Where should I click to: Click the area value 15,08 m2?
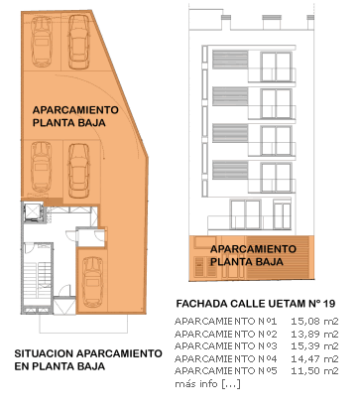(x=314, y=322)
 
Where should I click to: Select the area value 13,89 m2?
(x=314, y=334)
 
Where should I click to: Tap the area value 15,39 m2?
(x=314, y=346)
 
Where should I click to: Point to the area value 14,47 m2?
(x=314, y=358)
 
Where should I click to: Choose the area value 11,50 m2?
(x=314, y=371)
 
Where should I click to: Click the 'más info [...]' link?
(x=207, y=384)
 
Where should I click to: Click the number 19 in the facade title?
(x=329, y=304)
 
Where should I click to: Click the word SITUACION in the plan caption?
(x=44, y=353)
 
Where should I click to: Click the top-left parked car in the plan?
(x=42, y=41)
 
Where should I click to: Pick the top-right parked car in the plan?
(x=79, y=41)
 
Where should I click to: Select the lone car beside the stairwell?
(x=92, y=282)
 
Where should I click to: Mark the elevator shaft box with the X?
(x=33, y=212)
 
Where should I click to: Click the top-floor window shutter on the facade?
(x=230, y=60)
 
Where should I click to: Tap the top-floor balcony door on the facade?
(x=276, y=67)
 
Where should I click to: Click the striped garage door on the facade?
(x=278, y=257)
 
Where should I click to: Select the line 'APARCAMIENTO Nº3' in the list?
(x=226, y=346)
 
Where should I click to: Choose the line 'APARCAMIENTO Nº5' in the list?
(x=226, y=371)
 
